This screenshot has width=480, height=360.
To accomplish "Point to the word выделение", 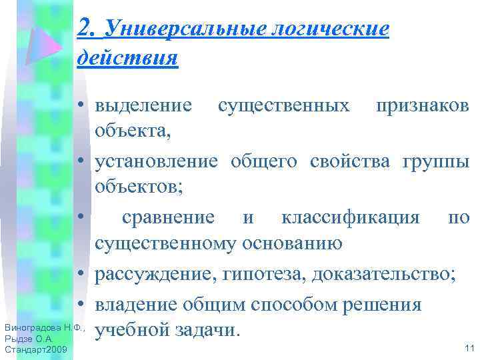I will [145, 105].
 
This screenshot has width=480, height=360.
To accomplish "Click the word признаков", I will [422, 105].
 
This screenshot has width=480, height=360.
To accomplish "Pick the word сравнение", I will [167, 217].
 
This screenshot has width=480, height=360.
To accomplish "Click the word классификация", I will [350, 217].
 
